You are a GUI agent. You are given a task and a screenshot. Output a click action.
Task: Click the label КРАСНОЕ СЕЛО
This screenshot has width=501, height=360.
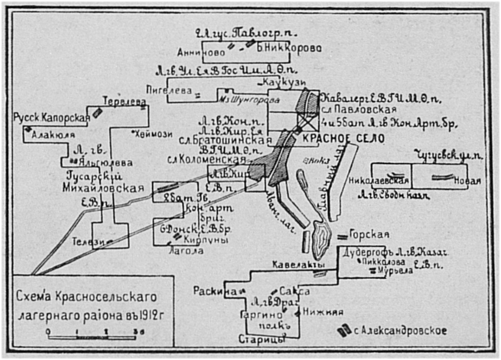(x=343, y=139)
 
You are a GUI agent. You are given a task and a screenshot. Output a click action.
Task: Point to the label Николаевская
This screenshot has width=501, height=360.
(x=379, y=181)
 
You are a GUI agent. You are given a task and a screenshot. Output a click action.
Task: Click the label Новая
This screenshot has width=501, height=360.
(x=467, y=181)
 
